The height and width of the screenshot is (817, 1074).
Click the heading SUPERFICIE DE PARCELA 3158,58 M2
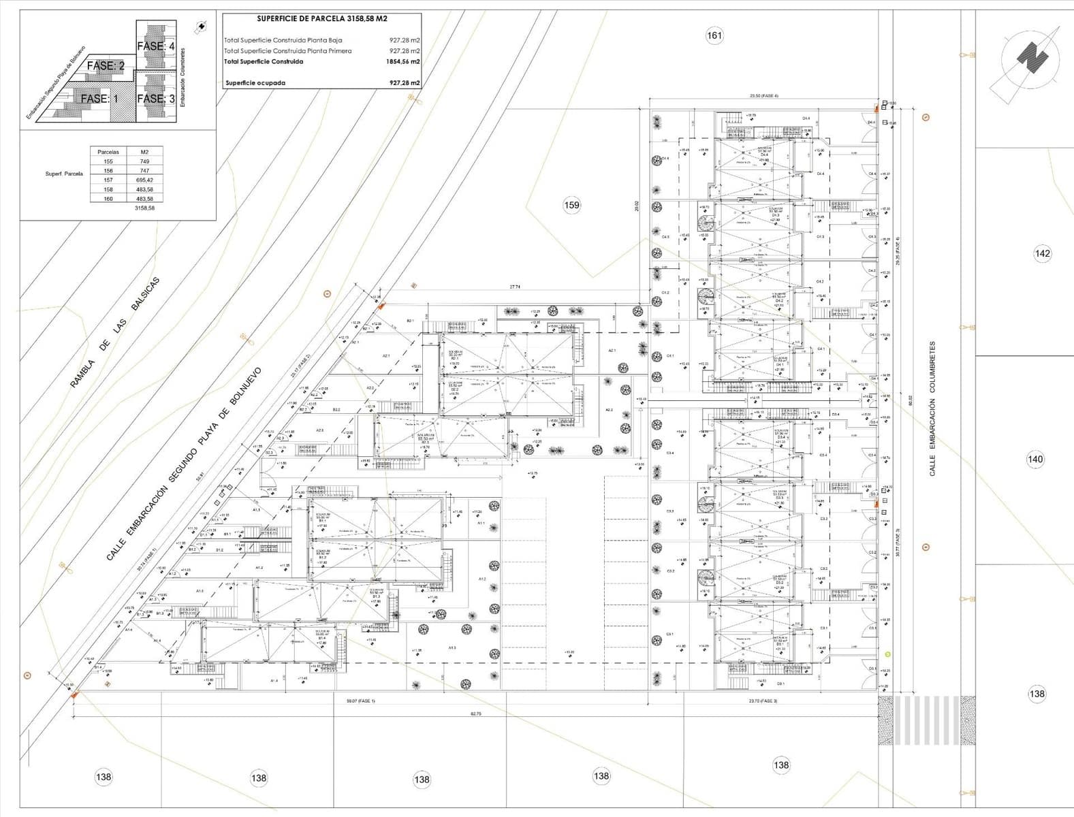322,19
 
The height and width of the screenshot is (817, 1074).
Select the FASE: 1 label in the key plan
99,99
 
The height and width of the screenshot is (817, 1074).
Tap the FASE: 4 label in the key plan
156,46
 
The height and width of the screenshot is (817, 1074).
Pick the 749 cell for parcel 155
144,161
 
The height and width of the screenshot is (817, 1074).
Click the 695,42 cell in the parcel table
144,180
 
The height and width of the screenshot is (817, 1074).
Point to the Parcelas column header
108,152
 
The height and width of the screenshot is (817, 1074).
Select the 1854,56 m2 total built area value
403,62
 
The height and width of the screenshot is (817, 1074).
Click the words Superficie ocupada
255,83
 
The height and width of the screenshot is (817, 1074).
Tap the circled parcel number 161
714,35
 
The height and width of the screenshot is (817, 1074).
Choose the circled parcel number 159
572,205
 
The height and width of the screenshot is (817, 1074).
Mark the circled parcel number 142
1042,254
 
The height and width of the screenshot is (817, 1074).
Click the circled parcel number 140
1034,460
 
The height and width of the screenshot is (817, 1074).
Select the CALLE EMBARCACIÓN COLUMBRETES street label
932,408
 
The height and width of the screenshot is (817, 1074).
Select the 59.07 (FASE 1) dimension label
361,701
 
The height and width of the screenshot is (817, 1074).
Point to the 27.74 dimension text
514,287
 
